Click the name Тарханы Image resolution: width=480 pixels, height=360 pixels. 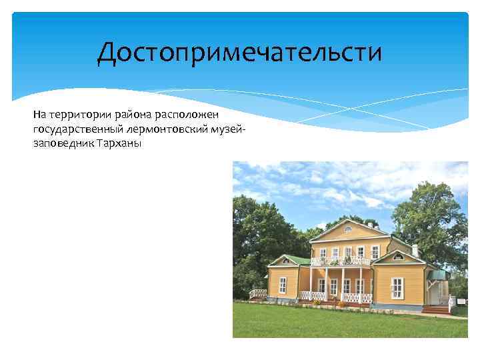coord(121,143)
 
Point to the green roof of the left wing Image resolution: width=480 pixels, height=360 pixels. coord(291,260)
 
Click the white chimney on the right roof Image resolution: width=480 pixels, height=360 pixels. coord(414,250)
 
